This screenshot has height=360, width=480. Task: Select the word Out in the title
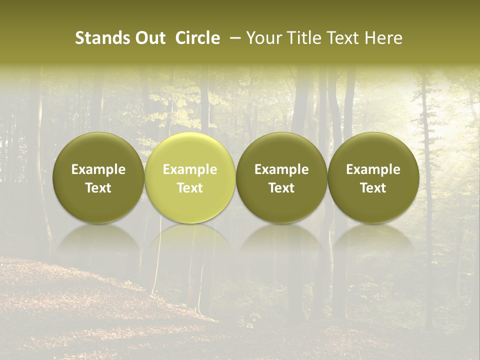coord(148,38)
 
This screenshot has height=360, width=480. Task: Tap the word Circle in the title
coord(197,38)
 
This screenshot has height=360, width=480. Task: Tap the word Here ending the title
coord(383,38)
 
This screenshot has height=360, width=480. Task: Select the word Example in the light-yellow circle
coord(190,169)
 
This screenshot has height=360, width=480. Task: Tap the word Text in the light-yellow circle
coord(190,188)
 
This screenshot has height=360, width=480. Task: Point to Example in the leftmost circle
coord(98,169)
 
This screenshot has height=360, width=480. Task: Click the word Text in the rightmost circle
coord(373,188)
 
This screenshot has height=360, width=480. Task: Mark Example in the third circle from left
coord(281,169)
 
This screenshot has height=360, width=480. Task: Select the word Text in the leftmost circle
coord(98,188)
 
